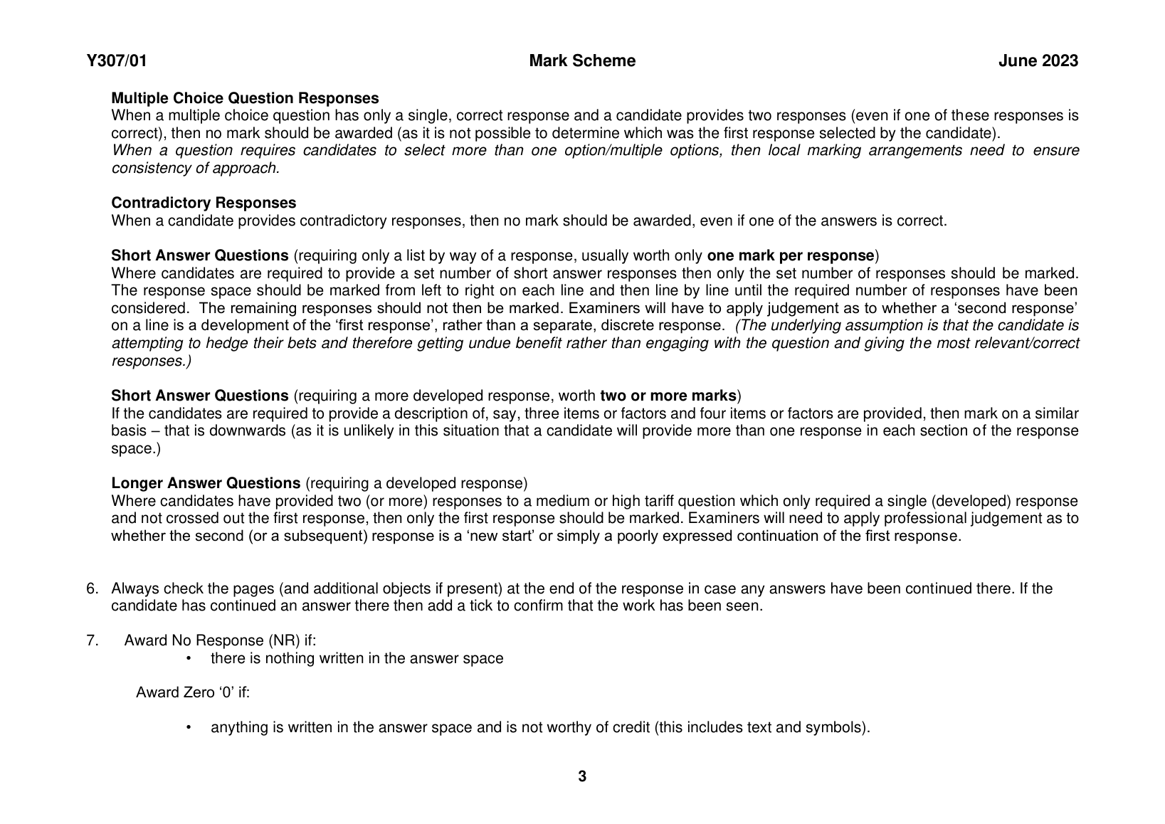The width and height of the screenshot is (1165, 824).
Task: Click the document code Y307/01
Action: pos(117,61)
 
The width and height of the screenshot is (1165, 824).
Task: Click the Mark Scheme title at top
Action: pos(582,61)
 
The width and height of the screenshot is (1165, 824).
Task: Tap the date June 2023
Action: pos(1038,61)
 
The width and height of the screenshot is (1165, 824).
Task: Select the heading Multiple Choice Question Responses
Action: pos(245,98)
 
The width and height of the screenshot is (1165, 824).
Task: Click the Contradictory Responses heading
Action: pos(204,204)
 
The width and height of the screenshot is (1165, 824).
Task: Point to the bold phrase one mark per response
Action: pos(790,255)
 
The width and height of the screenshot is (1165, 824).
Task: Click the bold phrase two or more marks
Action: pos(668,396)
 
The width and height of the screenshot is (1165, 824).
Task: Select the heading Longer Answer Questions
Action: pos(206,484)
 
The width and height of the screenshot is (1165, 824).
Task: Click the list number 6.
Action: pos(92,588)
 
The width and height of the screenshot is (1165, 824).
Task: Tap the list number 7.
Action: pos(92,640)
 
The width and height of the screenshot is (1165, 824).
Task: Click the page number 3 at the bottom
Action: pos(582,776)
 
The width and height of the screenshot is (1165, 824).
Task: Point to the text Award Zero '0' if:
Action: pos(193,692)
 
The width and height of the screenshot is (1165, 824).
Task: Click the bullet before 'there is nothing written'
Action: pos(189,658)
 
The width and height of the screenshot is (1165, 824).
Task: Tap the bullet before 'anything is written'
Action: pos(189,728)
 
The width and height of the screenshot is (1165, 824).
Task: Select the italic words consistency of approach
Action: pos(196,168)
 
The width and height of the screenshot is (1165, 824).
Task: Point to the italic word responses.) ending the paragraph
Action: pos(152,361)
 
